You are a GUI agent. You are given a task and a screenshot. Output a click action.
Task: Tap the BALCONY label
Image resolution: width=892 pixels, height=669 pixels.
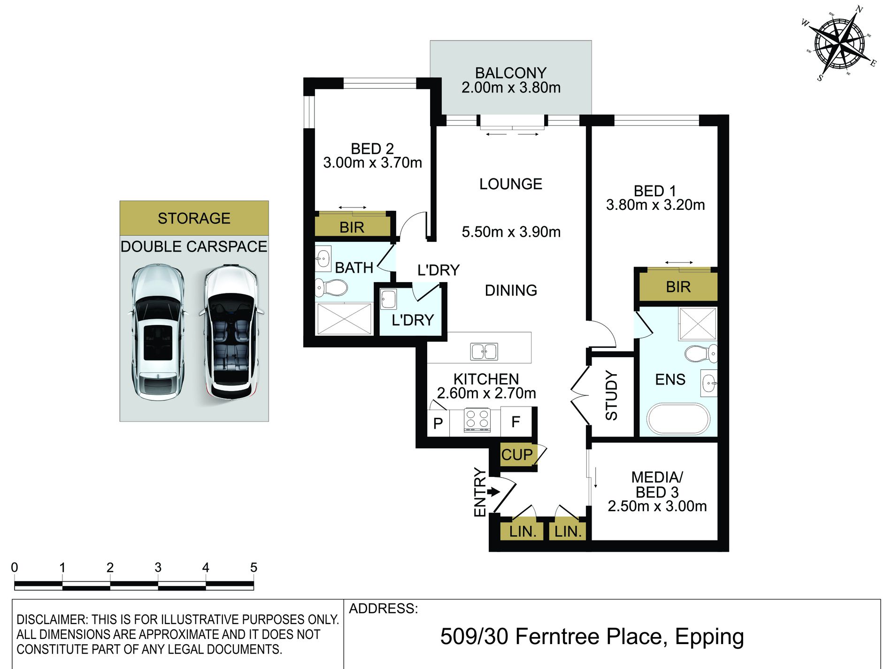(x=511, y=73)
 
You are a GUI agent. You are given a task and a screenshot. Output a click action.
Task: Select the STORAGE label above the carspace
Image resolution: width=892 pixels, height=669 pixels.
(x=194, y=218)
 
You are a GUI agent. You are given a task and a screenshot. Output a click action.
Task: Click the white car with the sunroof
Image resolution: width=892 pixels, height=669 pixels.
(x=157, y=332)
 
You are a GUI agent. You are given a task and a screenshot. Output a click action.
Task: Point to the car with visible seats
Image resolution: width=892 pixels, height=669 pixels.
(x=231, y=332)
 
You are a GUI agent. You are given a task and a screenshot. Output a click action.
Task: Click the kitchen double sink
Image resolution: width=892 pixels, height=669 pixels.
(x=484, y=351)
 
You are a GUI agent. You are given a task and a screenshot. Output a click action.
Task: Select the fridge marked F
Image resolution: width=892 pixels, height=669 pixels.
(x=516, y=422)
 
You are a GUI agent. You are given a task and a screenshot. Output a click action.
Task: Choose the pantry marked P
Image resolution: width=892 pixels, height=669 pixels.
(x=438, y=423)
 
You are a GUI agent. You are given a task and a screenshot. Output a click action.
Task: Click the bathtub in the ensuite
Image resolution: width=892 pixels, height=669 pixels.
(x=678, y=419)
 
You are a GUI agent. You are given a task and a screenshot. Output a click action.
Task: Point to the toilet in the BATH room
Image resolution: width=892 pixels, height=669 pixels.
(x=331, y=287)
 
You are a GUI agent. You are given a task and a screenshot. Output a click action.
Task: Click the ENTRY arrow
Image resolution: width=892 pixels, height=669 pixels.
(x=493, y=492)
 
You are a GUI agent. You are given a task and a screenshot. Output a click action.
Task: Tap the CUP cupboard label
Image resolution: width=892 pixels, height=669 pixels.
(x=517, y=454)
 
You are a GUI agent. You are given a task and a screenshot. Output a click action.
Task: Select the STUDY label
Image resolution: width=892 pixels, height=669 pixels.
(x=611, y=395)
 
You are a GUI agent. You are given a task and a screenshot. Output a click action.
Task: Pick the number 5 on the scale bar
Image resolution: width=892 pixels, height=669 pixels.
(x=254, y=568)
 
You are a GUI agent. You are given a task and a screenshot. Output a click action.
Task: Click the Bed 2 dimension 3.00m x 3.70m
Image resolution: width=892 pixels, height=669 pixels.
(x=372, y=162)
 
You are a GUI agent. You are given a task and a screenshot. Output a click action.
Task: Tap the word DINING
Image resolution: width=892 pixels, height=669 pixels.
(x=511, y=290)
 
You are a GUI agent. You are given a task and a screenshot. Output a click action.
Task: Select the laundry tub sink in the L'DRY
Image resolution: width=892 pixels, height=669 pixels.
(x=388, y=299)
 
